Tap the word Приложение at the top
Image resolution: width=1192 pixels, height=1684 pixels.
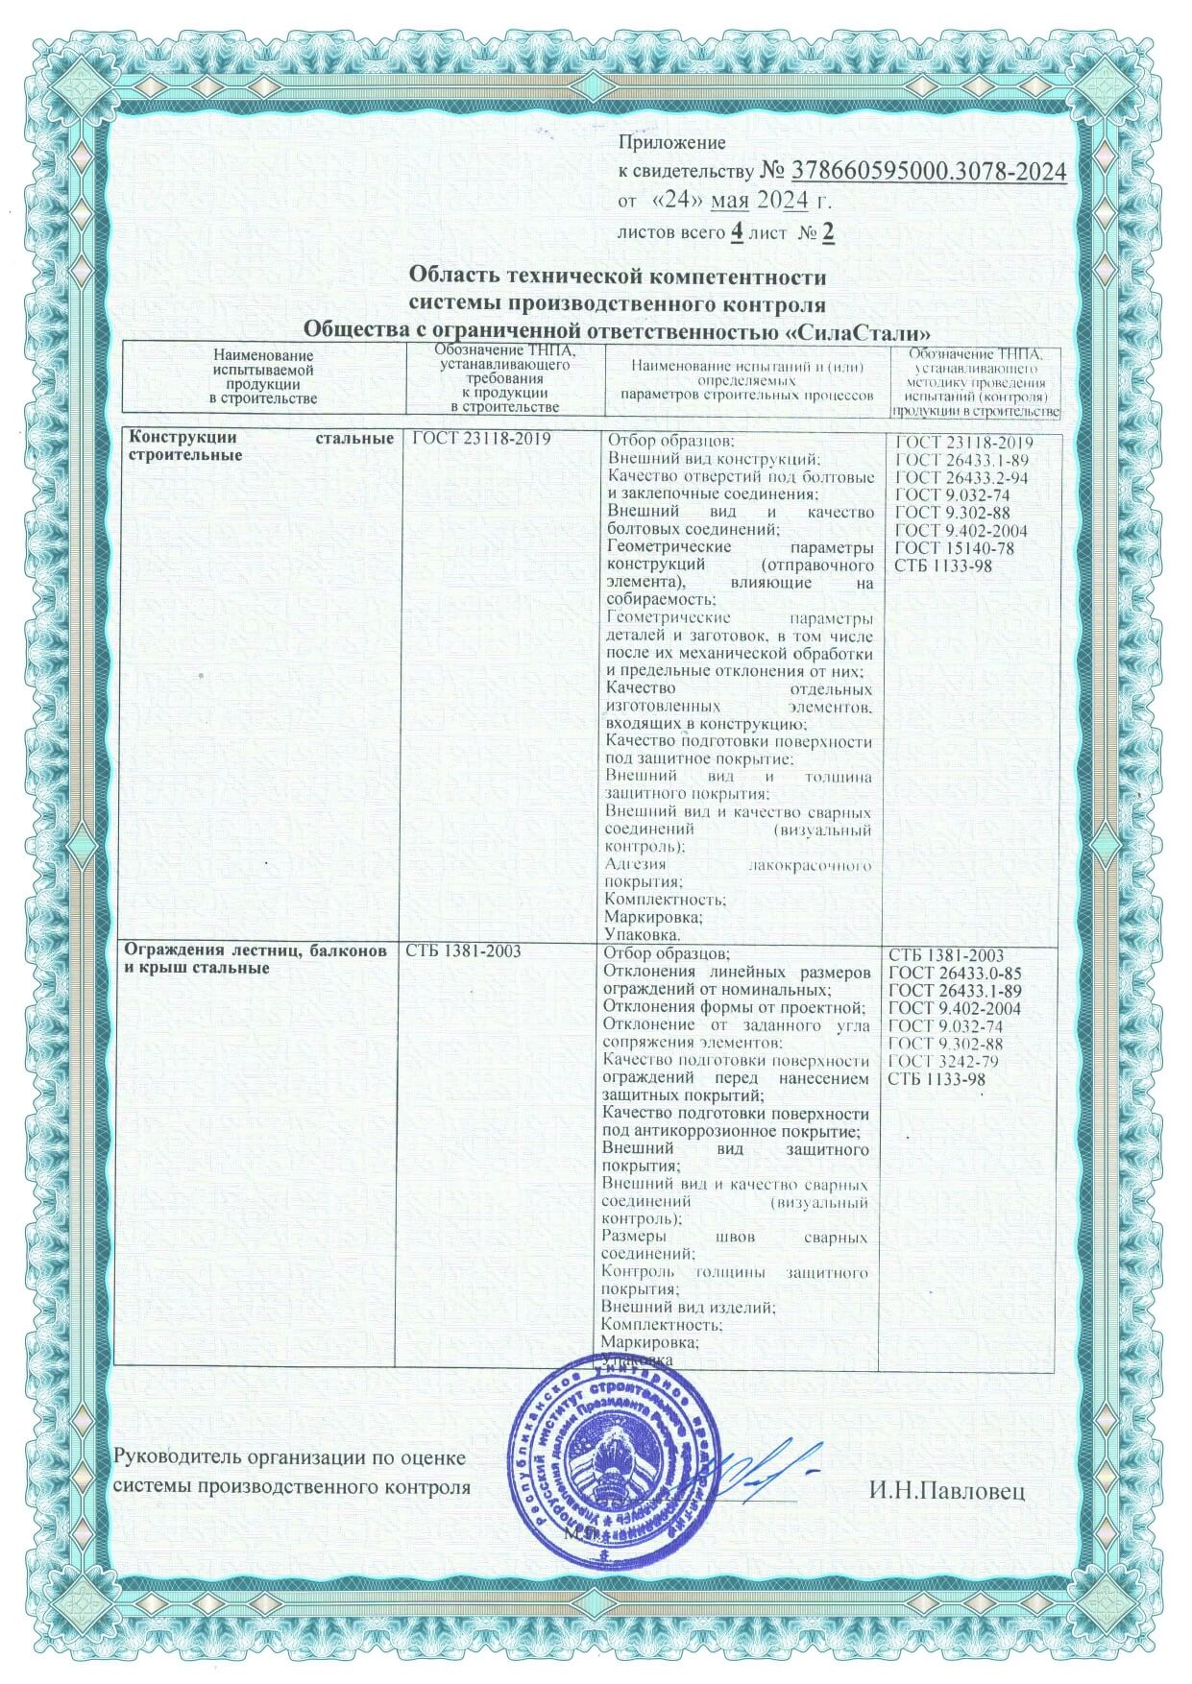(x=670, y=143)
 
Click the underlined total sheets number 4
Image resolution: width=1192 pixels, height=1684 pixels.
(x=737, y=232)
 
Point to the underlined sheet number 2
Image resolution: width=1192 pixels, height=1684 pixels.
(x=826, y=232)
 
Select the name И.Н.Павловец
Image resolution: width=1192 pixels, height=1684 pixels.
(x=947, y=1491)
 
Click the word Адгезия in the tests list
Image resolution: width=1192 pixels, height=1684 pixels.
(x=639, y=865)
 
